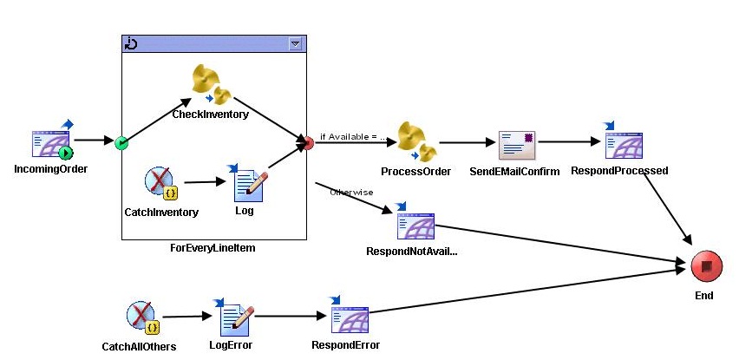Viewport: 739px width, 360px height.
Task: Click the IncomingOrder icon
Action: point(51,142)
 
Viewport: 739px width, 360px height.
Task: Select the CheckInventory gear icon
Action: point(210,86)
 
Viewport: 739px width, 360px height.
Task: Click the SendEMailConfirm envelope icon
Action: point(515,144)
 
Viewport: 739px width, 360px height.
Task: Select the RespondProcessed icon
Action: point(619,141)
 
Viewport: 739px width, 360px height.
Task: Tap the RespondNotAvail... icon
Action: point(415,224)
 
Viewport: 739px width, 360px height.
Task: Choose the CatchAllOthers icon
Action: point(142,318)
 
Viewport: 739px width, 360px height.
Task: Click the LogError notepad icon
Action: point(232,318)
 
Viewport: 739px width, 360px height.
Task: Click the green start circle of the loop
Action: point(122,142)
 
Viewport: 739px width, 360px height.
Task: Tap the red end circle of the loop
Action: point(306,142)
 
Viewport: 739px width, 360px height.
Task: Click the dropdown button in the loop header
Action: point(295,43)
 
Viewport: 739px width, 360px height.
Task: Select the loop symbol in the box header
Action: point(131,43)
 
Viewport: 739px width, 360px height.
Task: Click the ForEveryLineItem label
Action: point(213,248)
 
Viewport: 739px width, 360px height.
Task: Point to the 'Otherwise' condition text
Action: point(351,192)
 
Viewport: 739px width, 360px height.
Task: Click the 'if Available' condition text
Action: point(352,136)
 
